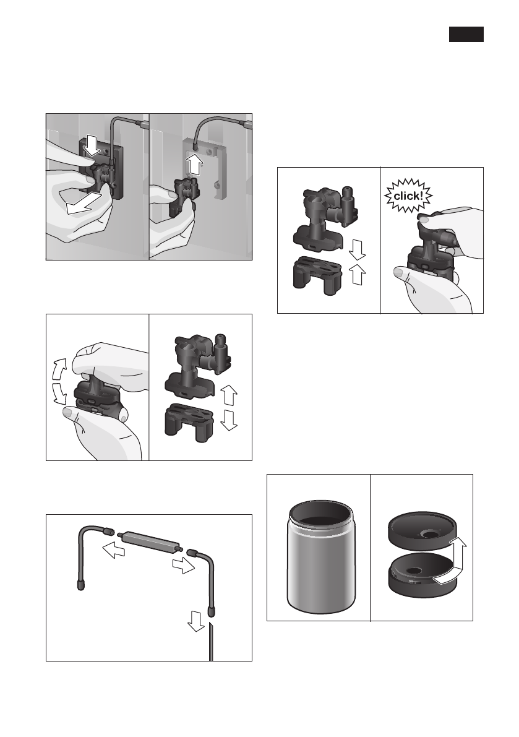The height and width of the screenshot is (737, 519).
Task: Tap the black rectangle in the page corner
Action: click(466, 35)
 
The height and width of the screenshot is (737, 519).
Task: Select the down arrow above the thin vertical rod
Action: click(197, 621)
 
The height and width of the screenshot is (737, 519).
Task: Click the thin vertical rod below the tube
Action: click(211, 644)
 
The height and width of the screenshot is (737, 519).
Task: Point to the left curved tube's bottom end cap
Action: click(81, 584)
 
